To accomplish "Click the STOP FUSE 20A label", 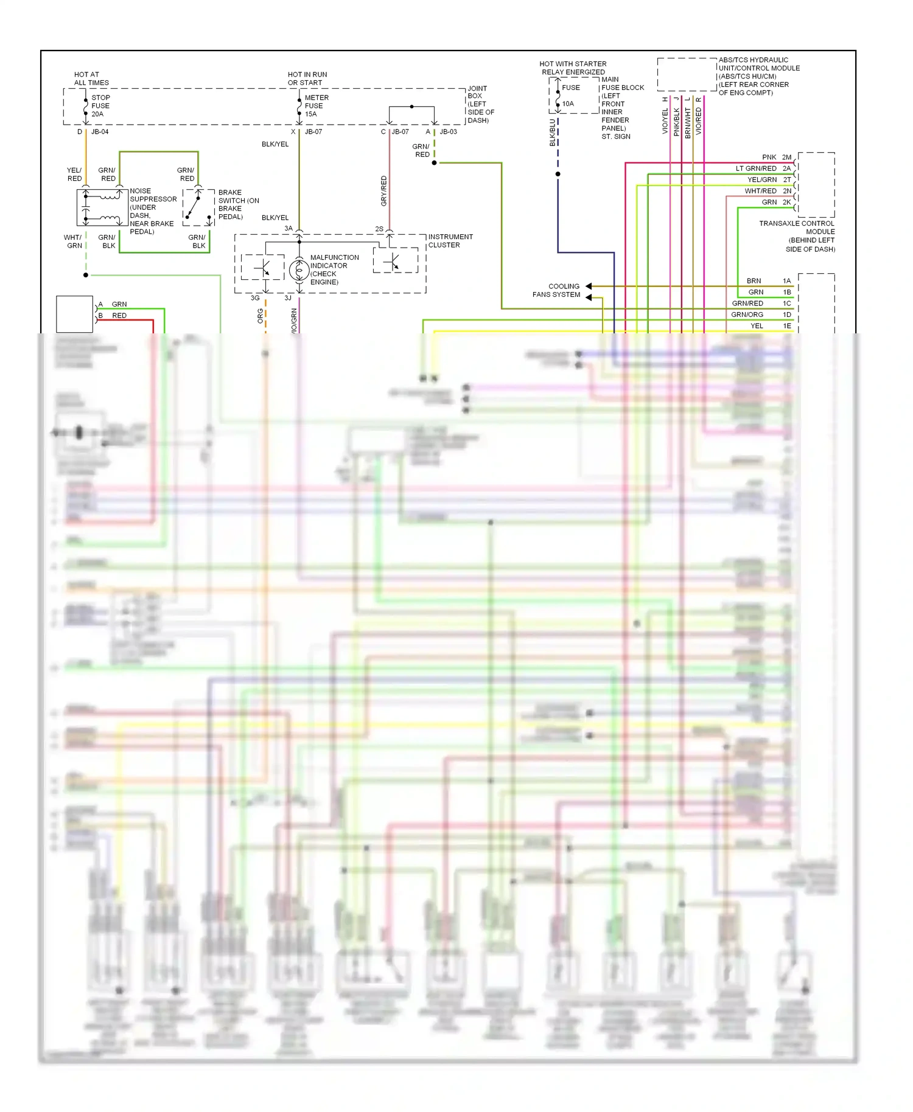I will (100, 106).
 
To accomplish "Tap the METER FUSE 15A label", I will (316, 106).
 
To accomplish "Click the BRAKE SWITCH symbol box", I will (198, 207).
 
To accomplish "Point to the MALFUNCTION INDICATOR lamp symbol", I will (299, 269).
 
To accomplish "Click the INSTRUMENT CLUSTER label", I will (450, 241).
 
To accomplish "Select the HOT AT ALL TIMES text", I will (91, 78).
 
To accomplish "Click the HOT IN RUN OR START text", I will (307, 78).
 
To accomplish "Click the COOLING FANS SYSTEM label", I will (557, 290).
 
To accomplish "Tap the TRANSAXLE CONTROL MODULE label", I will (797, 236).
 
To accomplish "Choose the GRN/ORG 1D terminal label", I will (760, 314).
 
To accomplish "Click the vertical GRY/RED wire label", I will (384, 190).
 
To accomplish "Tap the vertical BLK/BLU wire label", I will (553, 133).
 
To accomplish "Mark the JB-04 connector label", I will (100, 131).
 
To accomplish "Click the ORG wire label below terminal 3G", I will (261, 316).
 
